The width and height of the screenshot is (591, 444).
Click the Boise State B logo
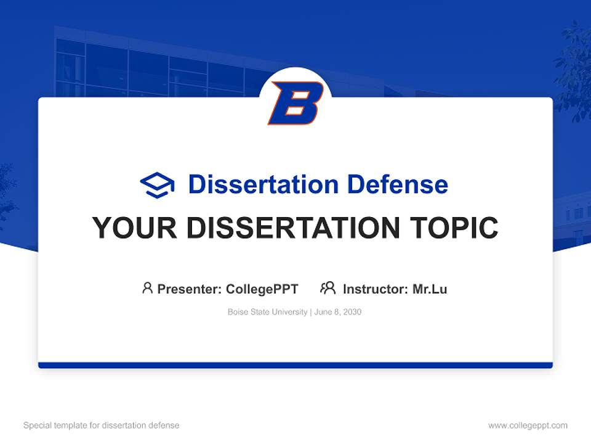(295, 103)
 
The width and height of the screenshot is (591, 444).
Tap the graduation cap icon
(157, 184)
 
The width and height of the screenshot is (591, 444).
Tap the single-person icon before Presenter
(147, 288)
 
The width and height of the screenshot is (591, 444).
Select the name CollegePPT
(262, 289)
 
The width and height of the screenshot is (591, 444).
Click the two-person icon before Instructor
(328, 288)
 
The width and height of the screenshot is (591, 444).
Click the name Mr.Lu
(430, 289)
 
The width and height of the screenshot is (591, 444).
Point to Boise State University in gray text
(267, 312)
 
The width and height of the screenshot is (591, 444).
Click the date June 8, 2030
(338, 312)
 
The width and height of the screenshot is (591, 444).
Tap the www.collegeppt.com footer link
(528, 425)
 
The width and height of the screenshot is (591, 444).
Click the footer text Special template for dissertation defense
(101, 425)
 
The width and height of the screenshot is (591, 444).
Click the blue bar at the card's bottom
(295, 365)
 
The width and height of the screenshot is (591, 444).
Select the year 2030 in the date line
(352, 312)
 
